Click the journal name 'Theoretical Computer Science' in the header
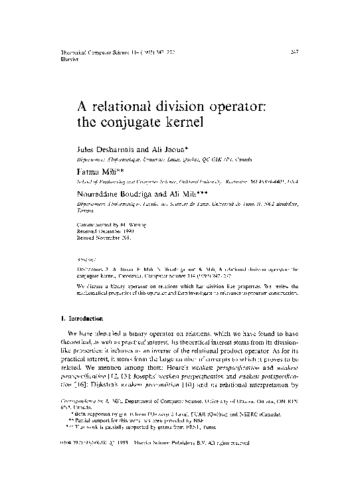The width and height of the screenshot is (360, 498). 86,50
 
